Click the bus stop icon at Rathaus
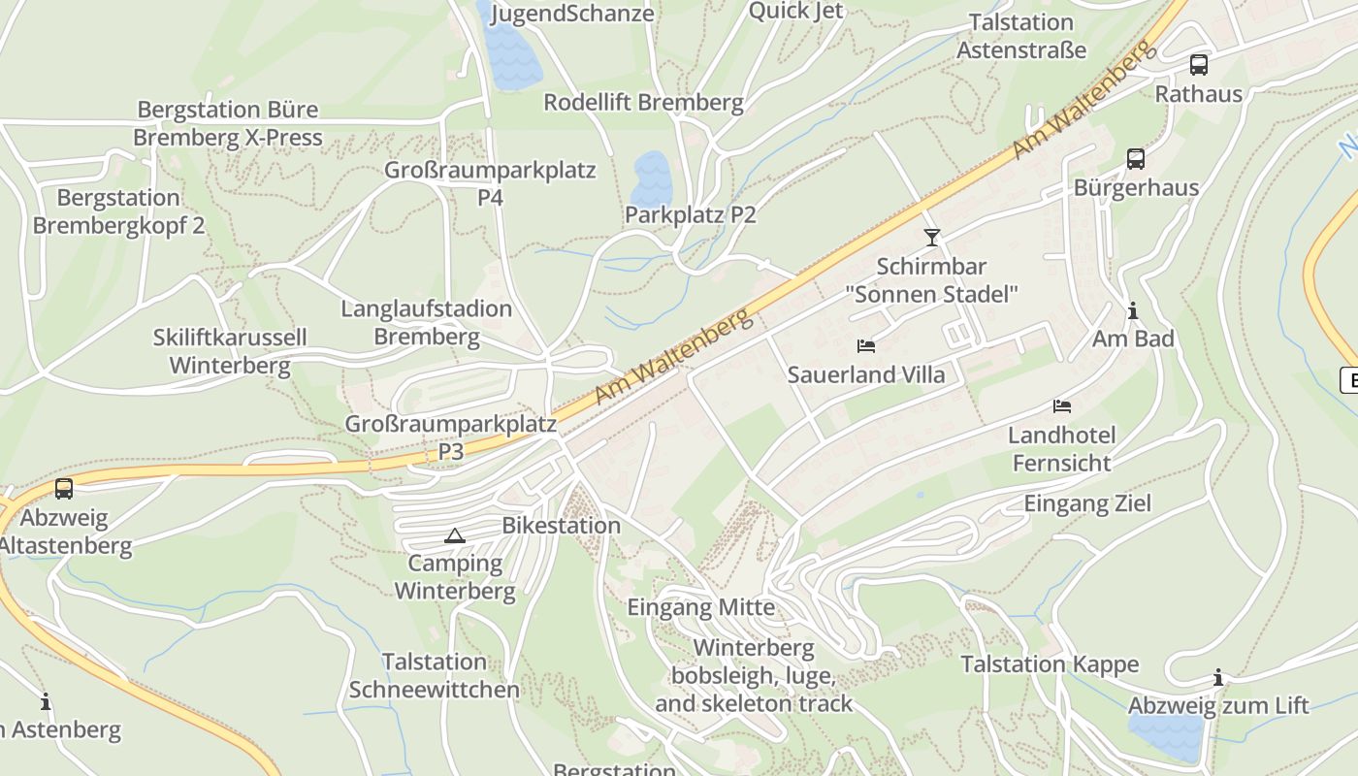tap(1199, 65)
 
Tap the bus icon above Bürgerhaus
tap(1136, 159)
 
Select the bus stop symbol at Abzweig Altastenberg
tap(64, 489)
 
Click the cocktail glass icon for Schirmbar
tap(932, 237)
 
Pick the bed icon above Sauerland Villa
tap(866, 345)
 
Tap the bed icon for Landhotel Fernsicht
tap(1062, 405)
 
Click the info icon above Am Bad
tap(1132, 310)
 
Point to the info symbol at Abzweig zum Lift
tap(1218, 677)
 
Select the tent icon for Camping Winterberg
tap(454, 535)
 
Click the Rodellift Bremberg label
tap(643, 102)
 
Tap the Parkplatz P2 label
tap(690, 214)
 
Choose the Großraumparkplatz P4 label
tap(490, 183)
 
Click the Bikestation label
tap(561, 526)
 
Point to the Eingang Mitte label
tap(700, 608)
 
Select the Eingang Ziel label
tap(1087, 503)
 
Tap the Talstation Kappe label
tap(1050, 664)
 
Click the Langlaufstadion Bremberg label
tap(427, 323)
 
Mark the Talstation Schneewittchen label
tap(434, 676)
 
